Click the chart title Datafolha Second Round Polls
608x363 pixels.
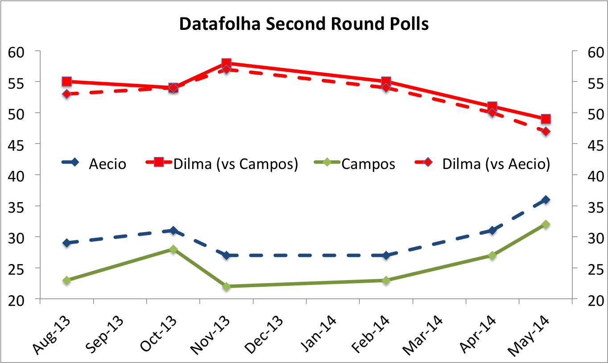coord(304,24)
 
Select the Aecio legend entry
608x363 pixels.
coord(94,164)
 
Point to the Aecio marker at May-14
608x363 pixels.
coord(545,199)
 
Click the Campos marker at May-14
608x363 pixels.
coord(545,224)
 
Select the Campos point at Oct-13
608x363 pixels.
coord(174,249)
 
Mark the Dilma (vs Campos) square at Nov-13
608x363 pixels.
coord(227,63)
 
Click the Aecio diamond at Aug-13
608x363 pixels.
coord(67,243)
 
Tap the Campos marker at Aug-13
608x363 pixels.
coord(67,280)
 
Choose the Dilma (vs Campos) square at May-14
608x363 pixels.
coord(545,119)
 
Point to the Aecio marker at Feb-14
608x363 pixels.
coord(386,255)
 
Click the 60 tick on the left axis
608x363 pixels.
coord(17,52)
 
